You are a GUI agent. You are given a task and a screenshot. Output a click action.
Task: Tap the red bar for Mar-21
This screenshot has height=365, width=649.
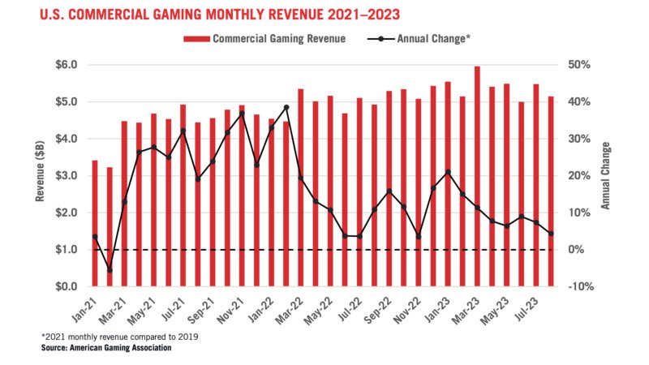point(124,204)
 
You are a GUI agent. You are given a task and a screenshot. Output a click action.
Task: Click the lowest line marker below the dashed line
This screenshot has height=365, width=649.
point(110,270)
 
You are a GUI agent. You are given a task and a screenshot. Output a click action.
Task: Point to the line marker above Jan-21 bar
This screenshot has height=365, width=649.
point(95,237)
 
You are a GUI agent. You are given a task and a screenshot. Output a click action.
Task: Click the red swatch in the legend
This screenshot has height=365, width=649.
point(196,38)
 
